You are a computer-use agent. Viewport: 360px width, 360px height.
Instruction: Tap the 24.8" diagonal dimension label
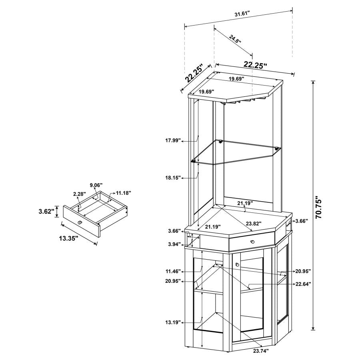click(x=235, y=39)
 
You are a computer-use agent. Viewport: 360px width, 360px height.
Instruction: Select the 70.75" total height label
click(x=319, y=207)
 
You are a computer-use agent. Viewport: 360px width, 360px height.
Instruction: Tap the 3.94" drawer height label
click(x=174, y=244)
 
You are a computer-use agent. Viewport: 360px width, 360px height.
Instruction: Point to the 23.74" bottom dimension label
click(x=261, y=351)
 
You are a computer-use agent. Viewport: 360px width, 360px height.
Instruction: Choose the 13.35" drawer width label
click(x=68, y=238)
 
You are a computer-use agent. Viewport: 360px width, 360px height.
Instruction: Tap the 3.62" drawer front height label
click(x=47, y=211)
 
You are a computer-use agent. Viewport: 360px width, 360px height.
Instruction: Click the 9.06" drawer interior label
click(x=96, y=185)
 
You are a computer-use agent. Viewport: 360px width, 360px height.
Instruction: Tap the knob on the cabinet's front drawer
click(x=252, y=242)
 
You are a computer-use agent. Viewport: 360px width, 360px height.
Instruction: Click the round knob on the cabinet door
click(x=237, y=264)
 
